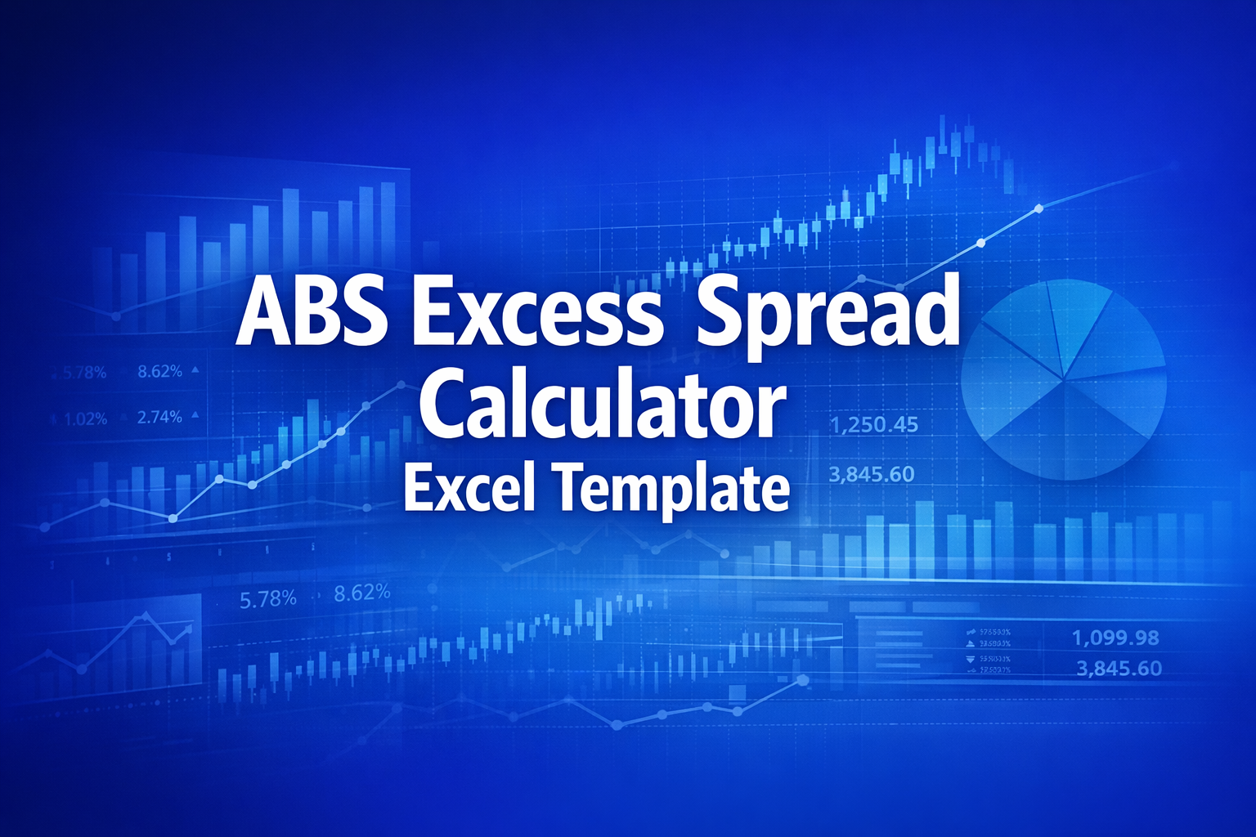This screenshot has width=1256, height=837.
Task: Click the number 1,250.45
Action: pyautogui.click(x=873, y=425)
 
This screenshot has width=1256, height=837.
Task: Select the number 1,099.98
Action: pyautogui.click(x=1115, y=638)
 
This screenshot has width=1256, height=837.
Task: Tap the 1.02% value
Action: pyautogui.click(x=85, y=419)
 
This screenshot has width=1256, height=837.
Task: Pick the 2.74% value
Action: pyautogui.click(x=159, y=417)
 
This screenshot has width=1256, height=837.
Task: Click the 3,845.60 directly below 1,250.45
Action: pyautogui.click(x=872, y=474)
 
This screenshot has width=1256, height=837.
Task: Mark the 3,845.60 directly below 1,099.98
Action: pyautogui.click(x=1119, y=669)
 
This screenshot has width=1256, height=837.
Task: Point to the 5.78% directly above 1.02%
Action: pyautogui.click(x=85, y=374)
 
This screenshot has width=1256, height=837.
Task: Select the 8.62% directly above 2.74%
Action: pyautogui.click(x=159, y=371)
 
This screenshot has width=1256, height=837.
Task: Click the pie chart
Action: pyautogui.click(x=1063, y=378)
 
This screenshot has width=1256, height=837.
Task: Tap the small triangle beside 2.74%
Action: pyautogui.click(x=195, y=415)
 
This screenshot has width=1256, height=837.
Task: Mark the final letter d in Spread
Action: pyautogui.click(x=935, y=310)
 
